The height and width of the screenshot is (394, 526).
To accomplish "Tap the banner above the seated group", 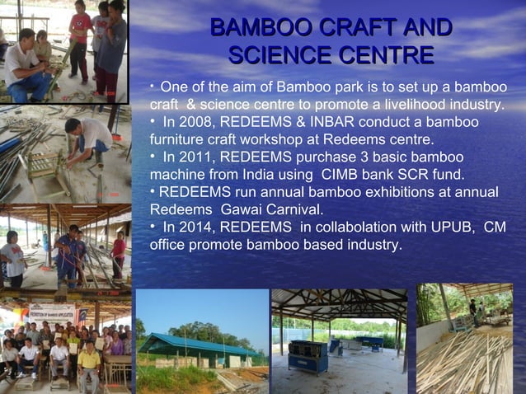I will [x=51, y=313].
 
